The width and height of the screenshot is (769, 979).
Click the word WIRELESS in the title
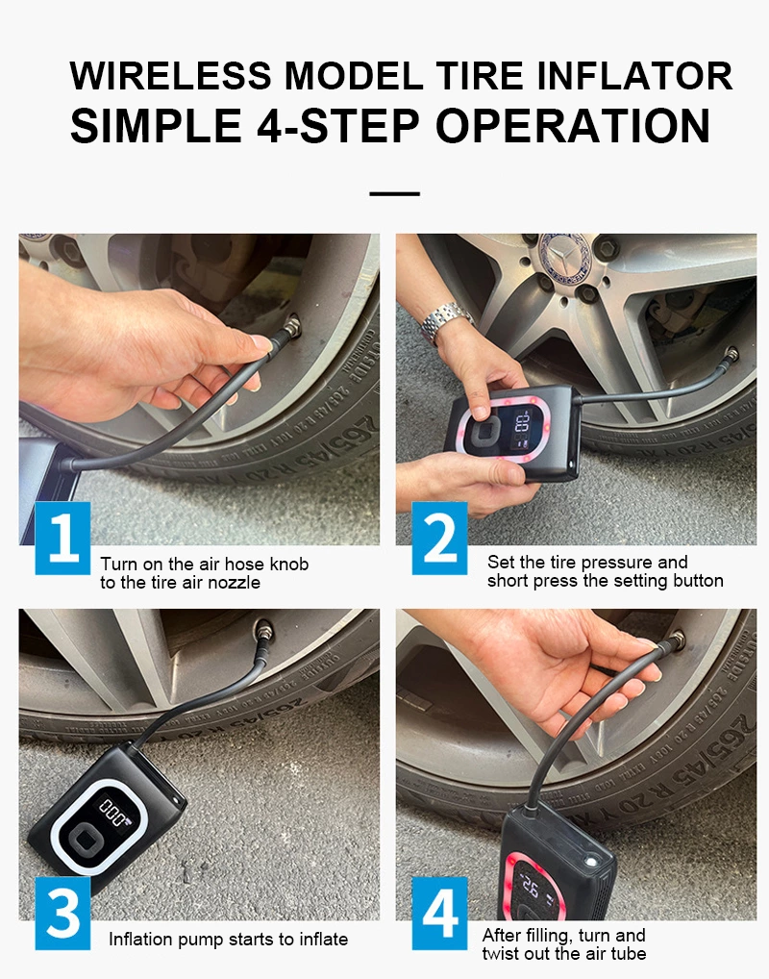(x=170, y=76)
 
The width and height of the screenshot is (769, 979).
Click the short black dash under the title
(x=394, y=193)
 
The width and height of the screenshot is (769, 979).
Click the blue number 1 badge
(x=62, y=538)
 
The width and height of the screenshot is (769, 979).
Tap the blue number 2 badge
(x=439, y=538)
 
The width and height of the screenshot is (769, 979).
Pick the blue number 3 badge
(x=62, y=913)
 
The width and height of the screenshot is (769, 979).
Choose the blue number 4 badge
(x=439, y=913)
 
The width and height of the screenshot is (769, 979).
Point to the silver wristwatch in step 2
(x=446, y=321)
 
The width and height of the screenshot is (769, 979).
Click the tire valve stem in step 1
(x=290, y=327)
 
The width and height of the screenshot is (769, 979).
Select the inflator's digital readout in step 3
(x=113, y=811)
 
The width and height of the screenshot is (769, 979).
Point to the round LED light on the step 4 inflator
(x=589, y=862)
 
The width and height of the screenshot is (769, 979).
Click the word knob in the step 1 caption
(x=289, y=564)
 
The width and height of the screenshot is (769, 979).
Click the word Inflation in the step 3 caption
(x=141, y=939)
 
